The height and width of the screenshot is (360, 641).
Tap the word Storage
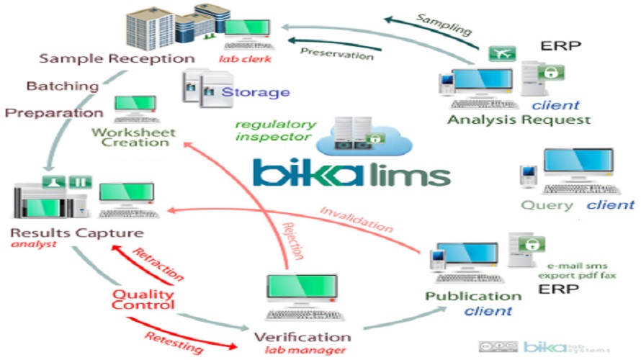[255, 92]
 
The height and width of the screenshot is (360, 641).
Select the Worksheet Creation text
[130, 137]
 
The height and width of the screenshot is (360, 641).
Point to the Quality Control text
[143, 299]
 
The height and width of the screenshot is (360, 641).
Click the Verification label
[302, 337]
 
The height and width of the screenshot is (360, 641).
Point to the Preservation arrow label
[336, 54]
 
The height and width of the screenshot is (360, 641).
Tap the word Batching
[63, 86]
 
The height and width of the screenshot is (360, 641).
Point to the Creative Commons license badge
[498, 346]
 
